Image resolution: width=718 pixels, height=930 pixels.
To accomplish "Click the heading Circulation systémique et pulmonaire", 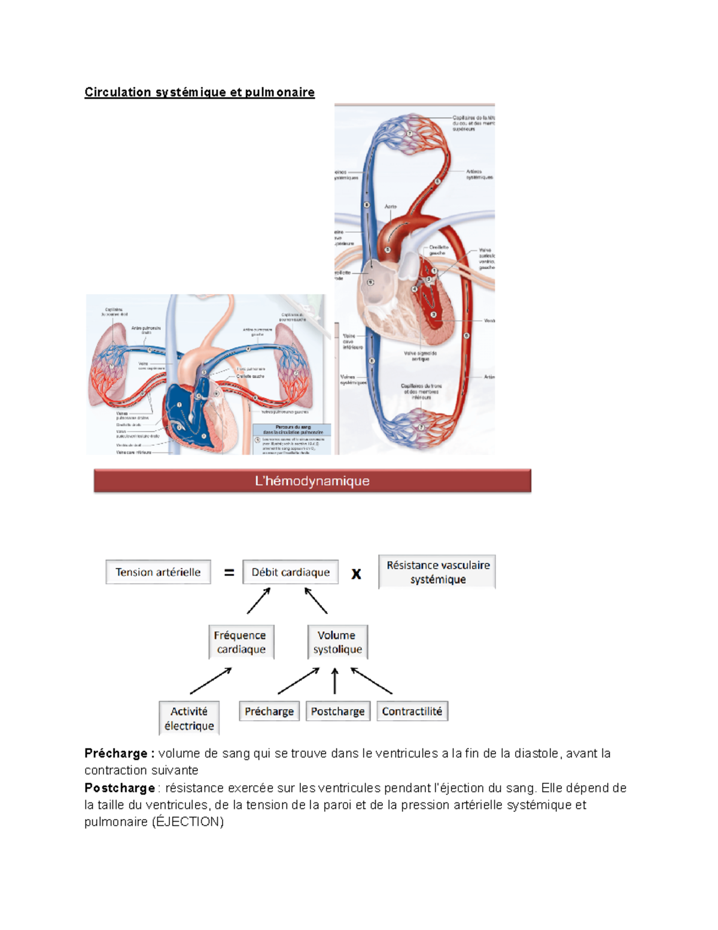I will point(199,92).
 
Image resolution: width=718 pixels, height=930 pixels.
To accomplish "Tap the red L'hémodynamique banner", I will point(312,481).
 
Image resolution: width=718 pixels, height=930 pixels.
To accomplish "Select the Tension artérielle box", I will point(158,572).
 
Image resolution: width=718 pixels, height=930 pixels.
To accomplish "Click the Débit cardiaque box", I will point(290,572).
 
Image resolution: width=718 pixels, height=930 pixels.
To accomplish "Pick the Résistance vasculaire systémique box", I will point(437,572).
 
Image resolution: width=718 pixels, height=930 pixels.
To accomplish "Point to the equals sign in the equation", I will point(229,572).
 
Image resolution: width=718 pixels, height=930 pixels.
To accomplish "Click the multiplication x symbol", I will point(356,574).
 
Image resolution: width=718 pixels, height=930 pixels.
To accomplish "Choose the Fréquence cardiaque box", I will point(241,642).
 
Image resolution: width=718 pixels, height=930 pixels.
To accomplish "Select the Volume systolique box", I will point(337,642).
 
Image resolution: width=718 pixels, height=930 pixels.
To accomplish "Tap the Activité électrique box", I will point(189,718).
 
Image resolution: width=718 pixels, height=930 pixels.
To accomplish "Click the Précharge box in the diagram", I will point(269,711).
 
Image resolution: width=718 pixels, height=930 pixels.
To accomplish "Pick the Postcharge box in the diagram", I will point(337,711).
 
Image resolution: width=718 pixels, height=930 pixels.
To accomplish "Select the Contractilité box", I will point(412,711).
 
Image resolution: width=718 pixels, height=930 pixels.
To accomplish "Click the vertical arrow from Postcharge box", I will point(335,681).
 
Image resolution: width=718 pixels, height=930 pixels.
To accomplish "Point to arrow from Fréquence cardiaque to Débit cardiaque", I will point(259,600).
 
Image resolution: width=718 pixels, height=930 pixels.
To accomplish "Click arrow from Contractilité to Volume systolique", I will point(371,681).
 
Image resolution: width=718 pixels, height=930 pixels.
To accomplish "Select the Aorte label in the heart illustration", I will point(390,207).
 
